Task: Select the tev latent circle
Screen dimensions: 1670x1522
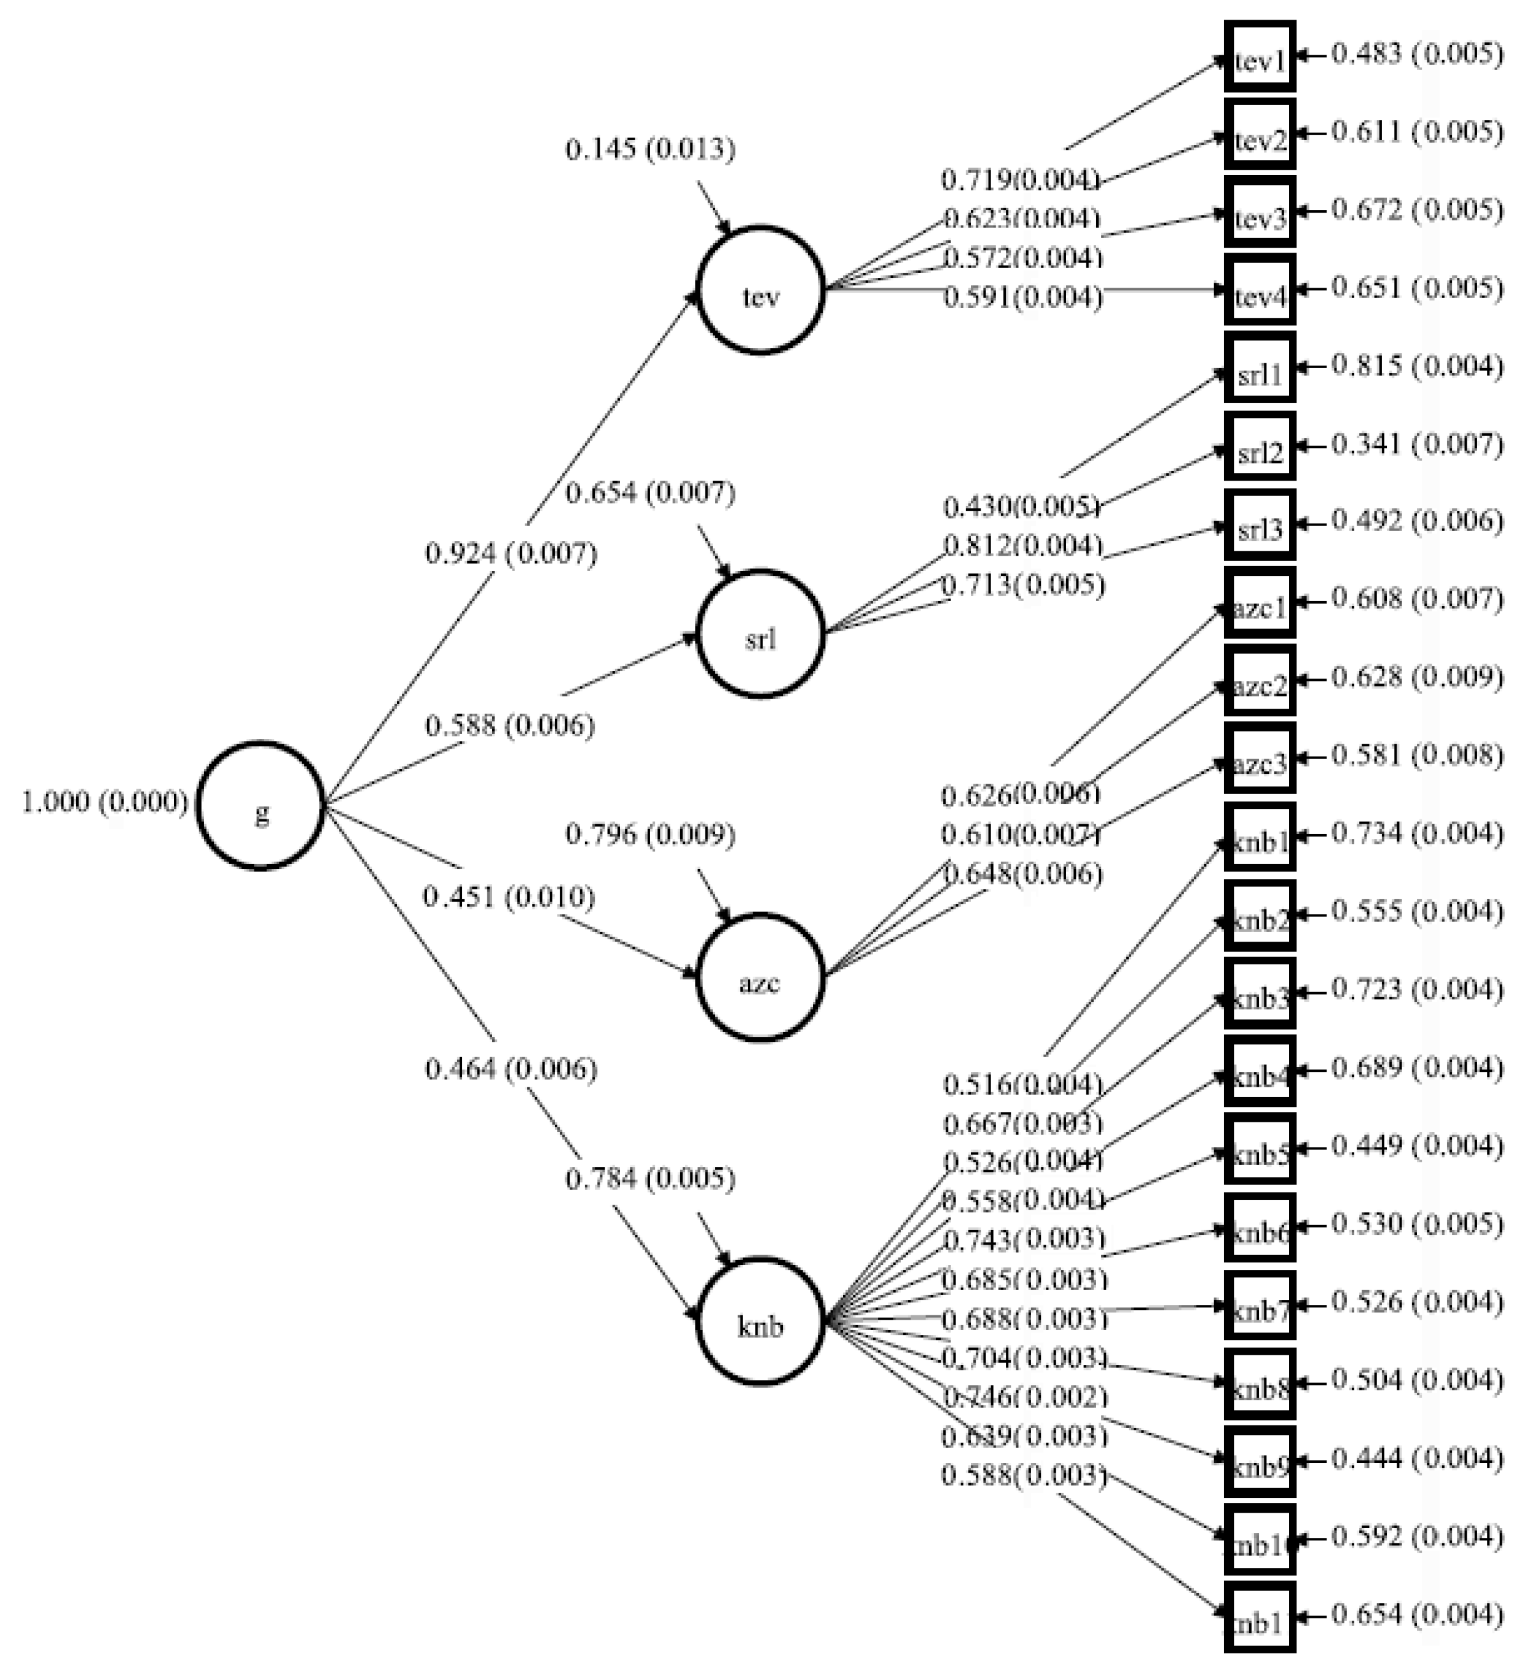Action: click(761, 290)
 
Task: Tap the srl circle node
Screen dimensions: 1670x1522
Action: click(761, 634)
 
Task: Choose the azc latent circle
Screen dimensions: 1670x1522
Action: click(761, 977)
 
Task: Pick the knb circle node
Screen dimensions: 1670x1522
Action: click(761, 1320)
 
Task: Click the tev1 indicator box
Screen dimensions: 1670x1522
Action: click(1260, 57)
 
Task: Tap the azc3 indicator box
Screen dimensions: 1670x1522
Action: click(1260, 758)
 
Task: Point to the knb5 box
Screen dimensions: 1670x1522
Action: click(1260, 1149)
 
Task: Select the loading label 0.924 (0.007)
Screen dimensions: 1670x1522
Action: click(511, 553)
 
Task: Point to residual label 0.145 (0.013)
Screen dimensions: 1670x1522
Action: click(650, 149)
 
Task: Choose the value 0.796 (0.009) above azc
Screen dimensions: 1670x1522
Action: click(650, 834)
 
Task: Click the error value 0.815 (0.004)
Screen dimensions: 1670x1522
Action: click(1417, 365)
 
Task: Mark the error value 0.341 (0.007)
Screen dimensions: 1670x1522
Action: click(1417, 444)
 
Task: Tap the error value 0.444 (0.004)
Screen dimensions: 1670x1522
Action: click(1417, 1458)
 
